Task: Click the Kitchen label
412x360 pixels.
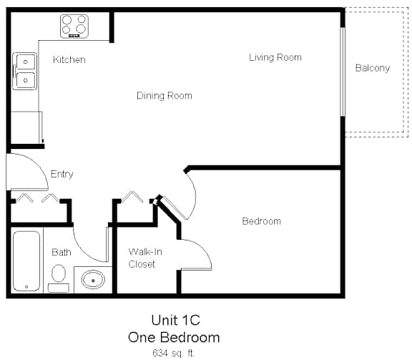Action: (69, 59)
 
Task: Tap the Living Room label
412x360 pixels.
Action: (275, 57)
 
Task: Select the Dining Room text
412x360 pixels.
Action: (165, 95)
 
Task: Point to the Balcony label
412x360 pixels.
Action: (373, 68)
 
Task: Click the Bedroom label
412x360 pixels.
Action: (262, 221)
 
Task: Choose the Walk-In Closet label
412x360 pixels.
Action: (145, 258)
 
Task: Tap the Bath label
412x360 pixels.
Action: (62, 252)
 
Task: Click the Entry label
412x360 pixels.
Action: (62, 174)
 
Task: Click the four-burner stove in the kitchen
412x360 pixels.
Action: (74, 26)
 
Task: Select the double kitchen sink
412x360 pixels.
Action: (25, 71)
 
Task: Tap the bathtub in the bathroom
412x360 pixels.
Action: (26, 261)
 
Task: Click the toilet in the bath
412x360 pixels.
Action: (59, 278)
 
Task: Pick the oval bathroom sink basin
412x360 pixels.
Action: (93, 280)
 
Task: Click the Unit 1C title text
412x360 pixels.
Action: (175, 321)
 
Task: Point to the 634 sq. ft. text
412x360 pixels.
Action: (174, 353)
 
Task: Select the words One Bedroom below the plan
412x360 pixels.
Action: (174, 337)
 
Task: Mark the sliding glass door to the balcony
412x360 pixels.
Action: (343, 72)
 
